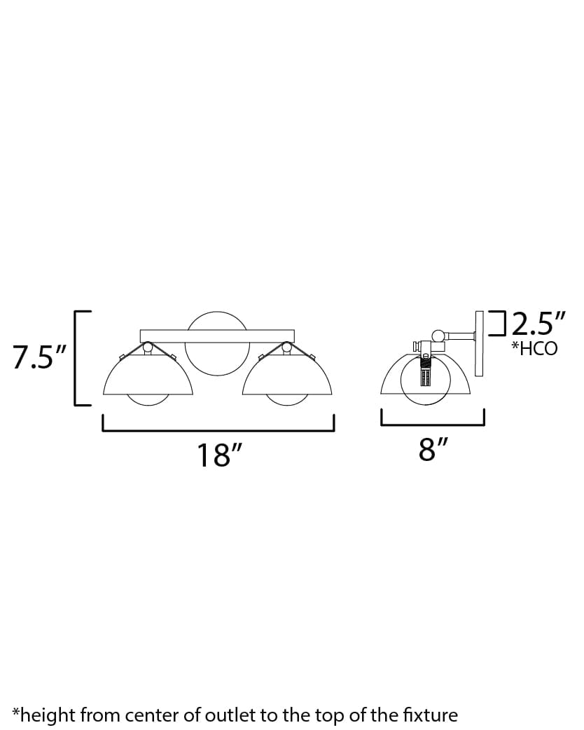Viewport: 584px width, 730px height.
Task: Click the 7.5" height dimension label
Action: (39, 357)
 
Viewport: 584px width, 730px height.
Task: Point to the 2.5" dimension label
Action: (537, 324)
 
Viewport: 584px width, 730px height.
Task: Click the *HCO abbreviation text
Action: (534, 349)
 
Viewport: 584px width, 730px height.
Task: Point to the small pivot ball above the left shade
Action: (148, 346)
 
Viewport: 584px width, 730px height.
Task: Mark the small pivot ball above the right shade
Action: (286, 346)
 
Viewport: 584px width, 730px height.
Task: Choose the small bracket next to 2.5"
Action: (498, 324)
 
